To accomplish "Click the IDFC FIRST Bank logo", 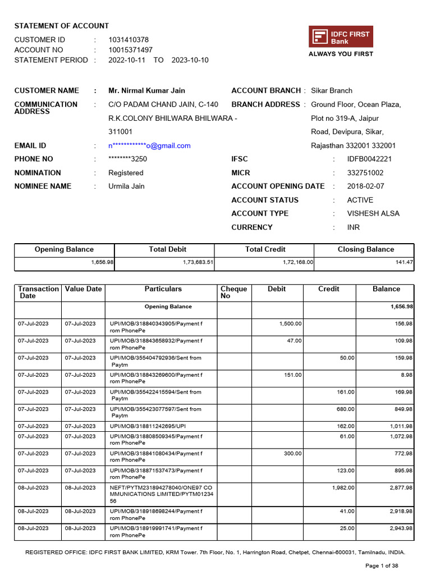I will [x=341, y=37].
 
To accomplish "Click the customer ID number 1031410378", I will [x=129, y=40].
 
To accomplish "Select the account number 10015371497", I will [x=130, y=50].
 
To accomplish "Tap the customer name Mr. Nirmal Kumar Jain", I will [x=146, y=90].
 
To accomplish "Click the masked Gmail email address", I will [x=149, y=145].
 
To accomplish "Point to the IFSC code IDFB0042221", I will [x=369, y=159].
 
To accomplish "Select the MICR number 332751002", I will [x=365, y=173].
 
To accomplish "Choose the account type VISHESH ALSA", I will [x=373, y=213].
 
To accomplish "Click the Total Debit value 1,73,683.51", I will [x=198, y=262].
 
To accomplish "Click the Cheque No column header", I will [x=234, y=293].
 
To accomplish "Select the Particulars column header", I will [x=163, y=289].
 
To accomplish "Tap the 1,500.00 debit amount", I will [x=290, y=323].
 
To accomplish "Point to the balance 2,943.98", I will [x=401, y=528].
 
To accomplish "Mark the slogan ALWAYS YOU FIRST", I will [x=341, y=54].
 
